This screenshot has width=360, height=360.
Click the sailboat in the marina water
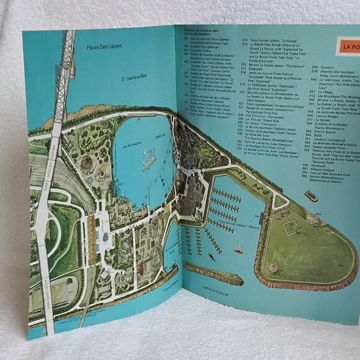point(238,249)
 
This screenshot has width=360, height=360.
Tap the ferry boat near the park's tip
point(311,196)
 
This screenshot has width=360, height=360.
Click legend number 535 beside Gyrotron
point(314,67)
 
